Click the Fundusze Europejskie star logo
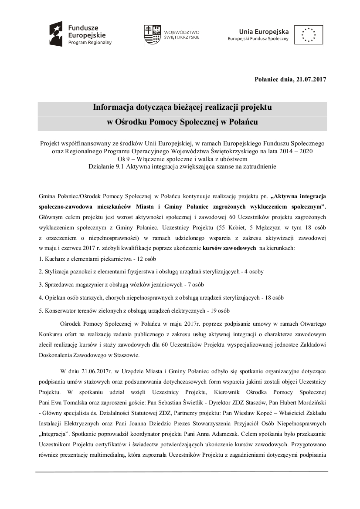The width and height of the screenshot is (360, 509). click(x=58, y=34)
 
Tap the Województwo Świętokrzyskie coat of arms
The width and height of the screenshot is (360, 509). click(x=150, y=34)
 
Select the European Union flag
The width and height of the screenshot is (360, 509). click(x=309, y=34)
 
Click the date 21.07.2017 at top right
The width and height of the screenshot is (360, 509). click(x=311, y=79)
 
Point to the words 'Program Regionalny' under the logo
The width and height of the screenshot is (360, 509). click(x=89, y=43)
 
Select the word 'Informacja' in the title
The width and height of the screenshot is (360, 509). click(x=115, y=107)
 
